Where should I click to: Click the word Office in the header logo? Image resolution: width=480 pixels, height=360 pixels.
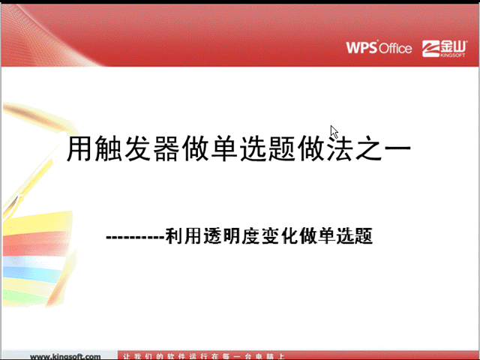(395, 48)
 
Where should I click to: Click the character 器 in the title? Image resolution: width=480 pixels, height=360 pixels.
(166, 149)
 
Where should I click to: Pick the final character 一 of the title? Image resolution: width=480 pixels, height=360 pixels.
(399, 149)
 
